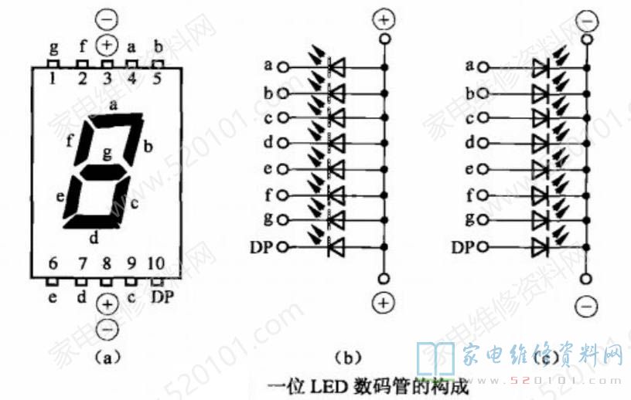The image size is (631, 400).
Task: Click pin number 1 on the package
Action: (x=53, y=77)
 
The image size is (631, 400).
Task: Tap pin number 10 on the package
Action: (x=159, y=264)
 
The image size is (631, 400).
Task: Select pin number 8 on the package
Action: (x=107, y=264)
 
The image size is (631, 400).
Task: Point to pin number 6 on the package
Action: (x=53, y=264)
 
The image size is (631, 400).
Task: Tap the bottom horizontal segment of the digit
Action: (x=94, y=224)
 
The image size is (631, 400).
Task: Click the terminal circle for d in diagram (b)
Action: (x=284, y=144)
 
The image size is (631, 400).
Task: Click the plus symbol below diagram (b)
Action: (x=383, y=303)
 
